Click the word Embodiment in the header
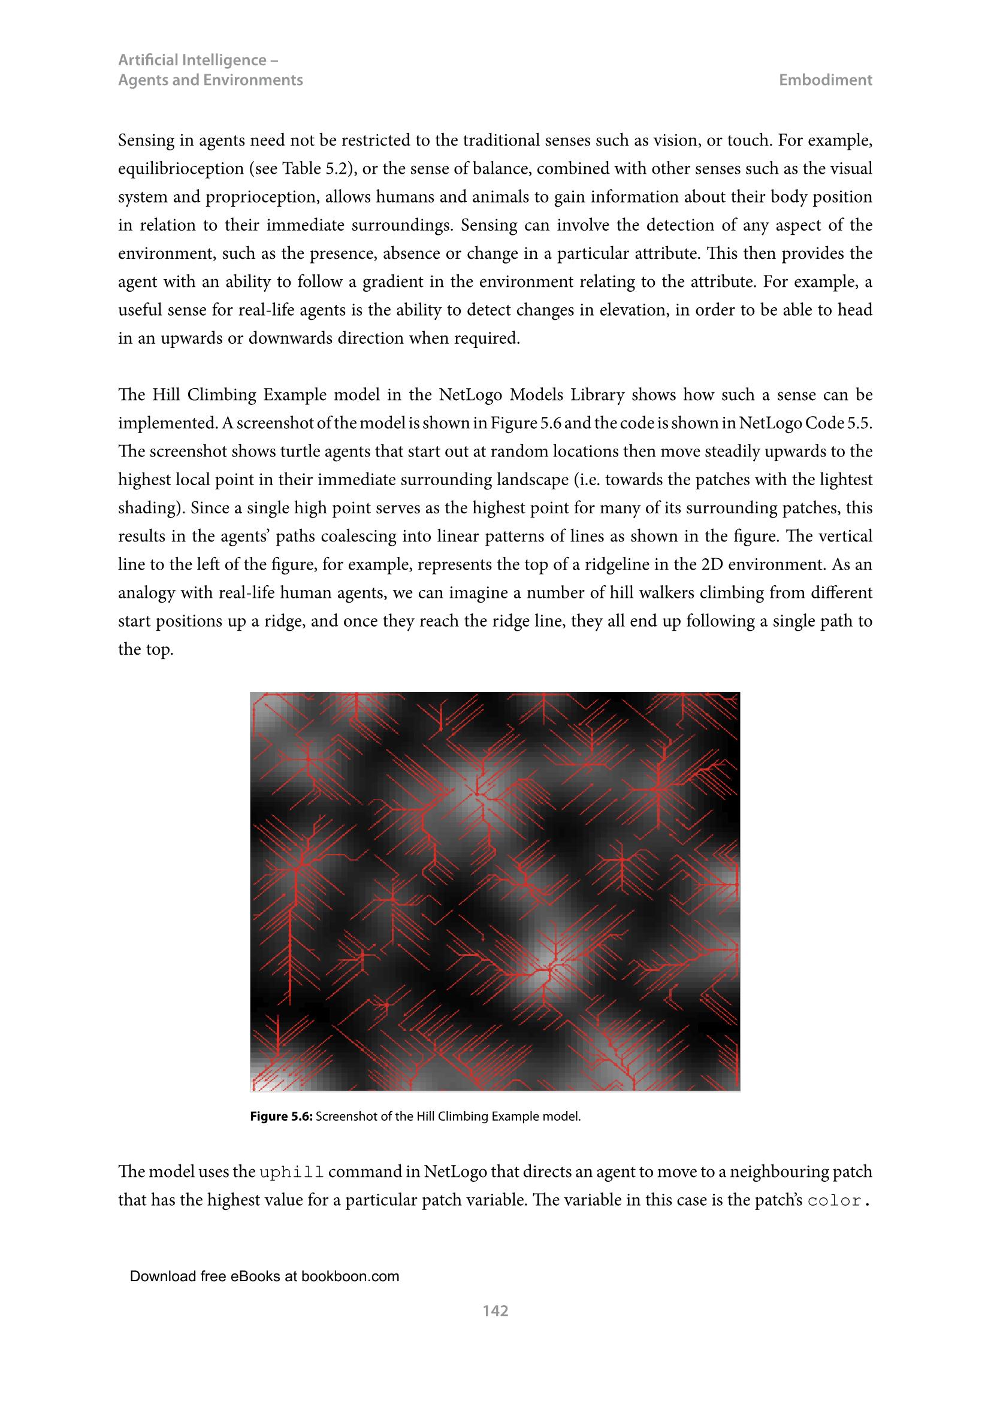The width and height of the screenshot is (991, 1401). [825, 80]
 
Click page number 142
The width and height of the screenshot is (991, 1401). [495, 1310]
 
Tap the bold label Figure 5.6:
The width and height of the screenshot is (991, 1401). [282, 1117]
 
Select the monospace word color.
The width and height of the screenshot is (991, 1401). [836, 1201]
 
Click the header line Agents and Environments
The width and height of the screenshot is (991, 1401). [210, 80]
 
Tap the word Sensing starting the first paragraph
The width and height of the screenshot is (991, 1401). [143, 140]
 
